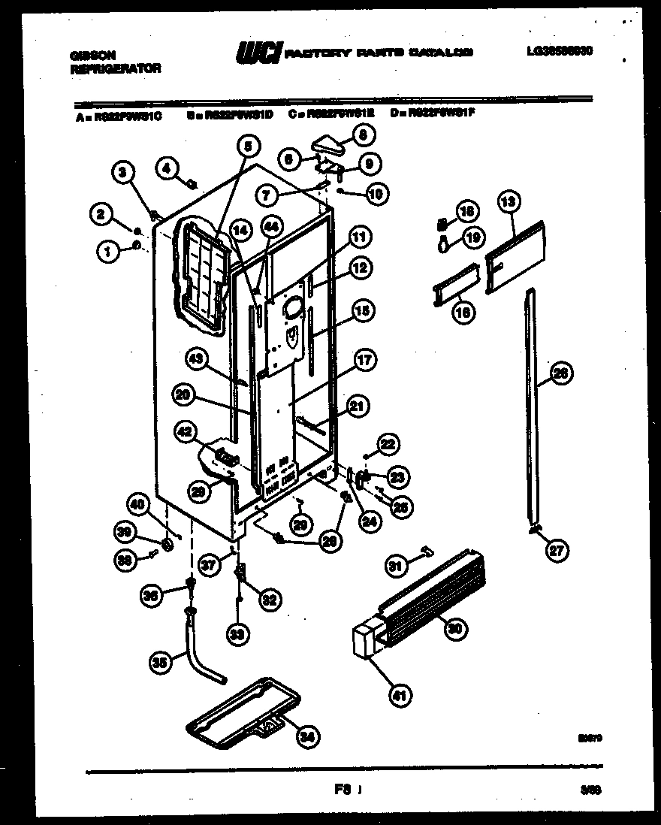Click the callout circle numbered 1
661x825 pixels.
(x=108, y=253)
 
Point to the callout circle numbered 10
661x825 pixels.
(x=375, y=194)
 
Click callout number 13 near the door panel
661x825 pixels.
(x=508, y=201)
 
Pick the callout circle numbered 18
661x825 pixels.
(x=467, y=213)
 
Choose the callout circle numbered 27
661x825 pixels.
(x=557, y=552)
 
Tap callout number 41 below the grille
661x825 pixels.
(x=399, y=696)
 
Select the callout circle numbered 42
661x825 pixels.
(x=185, y=431)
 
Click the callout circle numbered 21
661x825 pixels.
(x=358, y=407)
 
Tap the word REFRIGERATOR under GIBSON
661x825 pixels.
(x=115, y=68)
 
